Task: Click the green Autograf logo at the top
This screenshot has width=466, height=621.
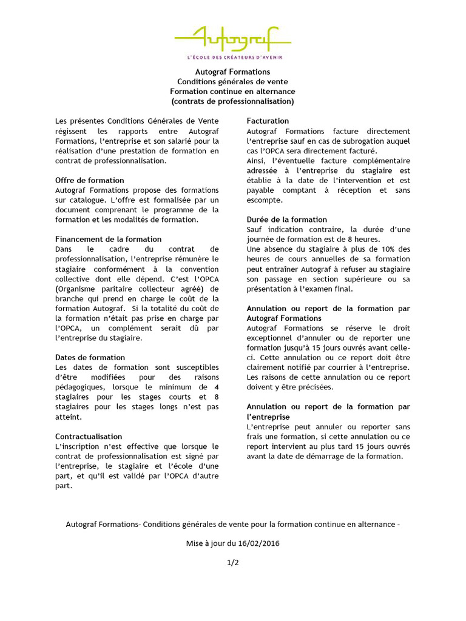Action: pyautogui.click(x=232, y=39)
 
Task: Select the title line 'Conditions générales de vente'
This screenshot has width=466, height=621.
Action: pyautogui.click(x=232, y=81)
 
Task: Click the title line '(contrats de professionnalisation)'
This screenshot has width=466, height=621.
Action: pyautogui.click(x=232, y=101)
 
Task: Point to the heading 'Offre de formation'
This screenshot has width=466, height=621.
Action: pyautogui.click(x=89, y=180)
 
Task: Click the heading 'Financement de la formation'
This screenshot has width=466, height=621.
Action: pyautogui.click(x=108, y=239)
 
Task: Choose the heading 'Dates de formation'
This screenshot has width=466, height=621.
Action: pyautogui.click(x=90, y=357)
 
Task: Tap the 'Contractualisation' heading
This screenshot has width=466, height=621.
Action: pyautogui.click(x=89, y=436)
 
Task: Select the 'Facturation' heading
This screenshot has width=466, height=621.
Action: pyautogui.click(x=268, y=121)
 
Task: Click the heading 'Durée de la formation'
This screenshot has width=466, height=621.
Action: pyautogui.click(x=286, y=220)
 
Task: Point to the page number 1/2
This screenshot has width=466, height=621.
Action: pyautogui.click(x=232, y=562)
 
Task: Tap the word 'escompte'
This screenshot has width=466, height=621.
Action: pyautogui.click(x=264, y=200)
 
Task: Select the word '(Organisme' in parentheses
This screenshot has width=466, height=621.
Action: pyautogui.click(x=76, y=288)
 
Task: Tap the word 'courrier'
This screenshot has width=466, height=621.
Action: pyautogui.click(x=344, y=367)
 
